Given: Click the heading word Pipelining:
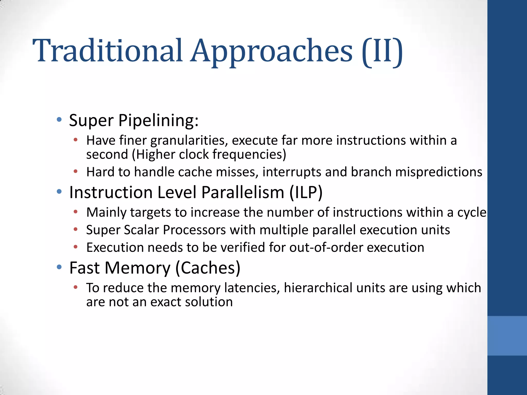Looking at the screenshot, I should point(158,120).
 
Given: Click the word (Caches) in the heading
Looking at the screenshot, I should point(208,268).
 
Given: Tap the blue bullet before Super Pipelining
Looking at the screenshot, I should point(59,120).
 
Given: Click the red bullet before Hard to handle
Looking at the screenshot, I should point(75,171).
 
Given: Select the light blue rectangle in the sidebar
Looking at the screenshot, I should point(507,336).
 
